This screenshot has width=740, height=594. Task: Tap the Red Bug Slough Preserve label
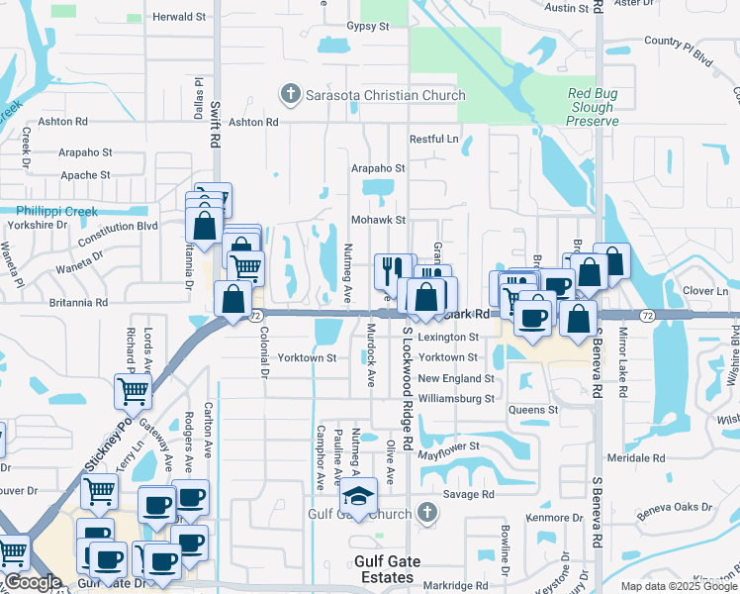pyautogui.click(x=593, y=107)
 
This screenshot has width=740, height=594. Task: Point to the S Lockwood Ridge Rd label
pyautogui.click(x=407, y=396)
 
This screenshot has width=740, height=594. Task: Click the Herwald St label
pyautogui.click(x=179, y=18)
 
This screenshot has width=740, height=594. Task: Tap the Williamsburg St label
pyautogui.click(x=456, y=399)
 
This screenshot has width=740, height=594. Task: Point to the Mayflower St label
pyautogui.click(x=448, y=447)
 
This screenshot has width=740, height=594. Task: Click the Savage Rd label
pyautogui.click(x=468, y=494)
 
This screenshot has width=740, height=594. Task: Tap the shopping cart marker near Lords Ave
pyautogui.click(x=134, y=390)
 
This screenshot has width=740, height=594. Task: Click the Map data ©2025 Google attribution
pyautogui.click(x=679, y=586)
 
